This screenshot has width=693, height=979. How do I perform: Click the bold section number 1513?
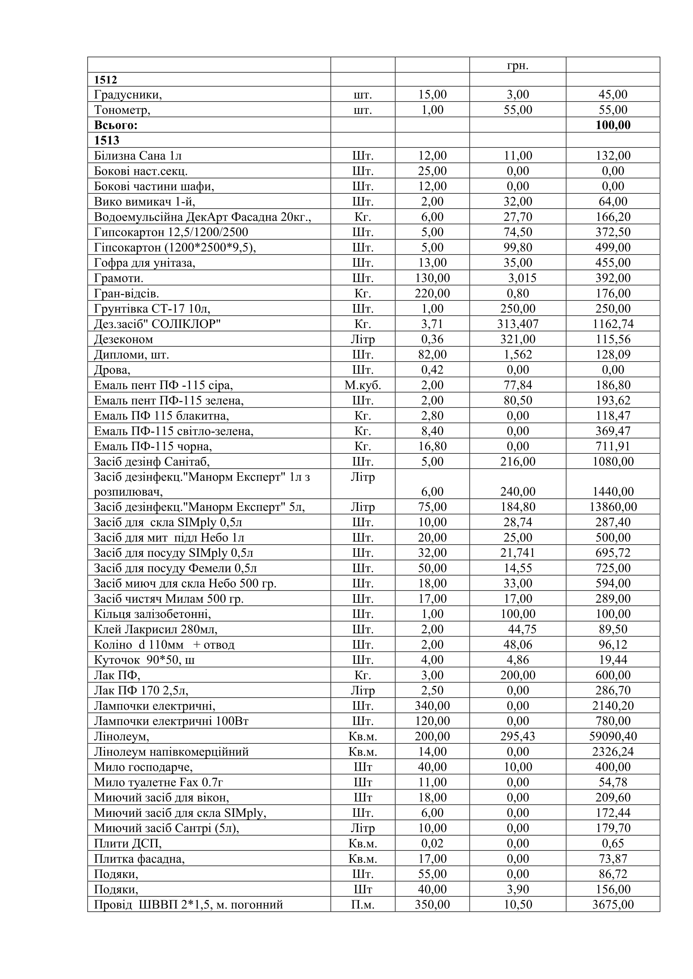(x=107, y=140)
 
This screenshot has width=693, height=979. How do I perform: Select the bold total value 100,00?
(x=613, y=125)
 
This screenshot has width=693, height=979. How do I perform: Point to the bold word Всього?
(x=116, y=125)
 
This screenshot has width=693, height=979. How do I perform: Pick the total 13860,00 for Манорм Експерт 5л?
(x=613, y=507)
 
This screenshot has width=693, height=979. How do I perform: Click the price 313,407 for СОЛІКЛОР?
(x=518, y=324)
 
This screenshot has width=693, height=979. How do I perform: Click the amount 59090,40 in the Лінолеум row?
(x=613, y=736)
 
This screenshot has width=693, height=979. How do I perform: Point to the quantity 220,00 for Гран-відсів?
(x=432, y=293)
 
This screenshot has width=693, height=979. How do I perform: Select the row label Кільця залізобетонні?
(x=152, y=614)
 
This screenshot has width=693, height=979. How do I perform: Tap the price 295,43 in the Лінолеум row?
(x=518, y=736)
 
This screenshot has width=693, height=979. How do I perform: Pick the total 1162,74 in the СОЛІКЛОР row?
(x=613, y=324)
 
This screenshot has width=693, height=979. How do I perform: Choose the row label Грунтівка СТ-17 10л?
(x=152, y=309)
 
